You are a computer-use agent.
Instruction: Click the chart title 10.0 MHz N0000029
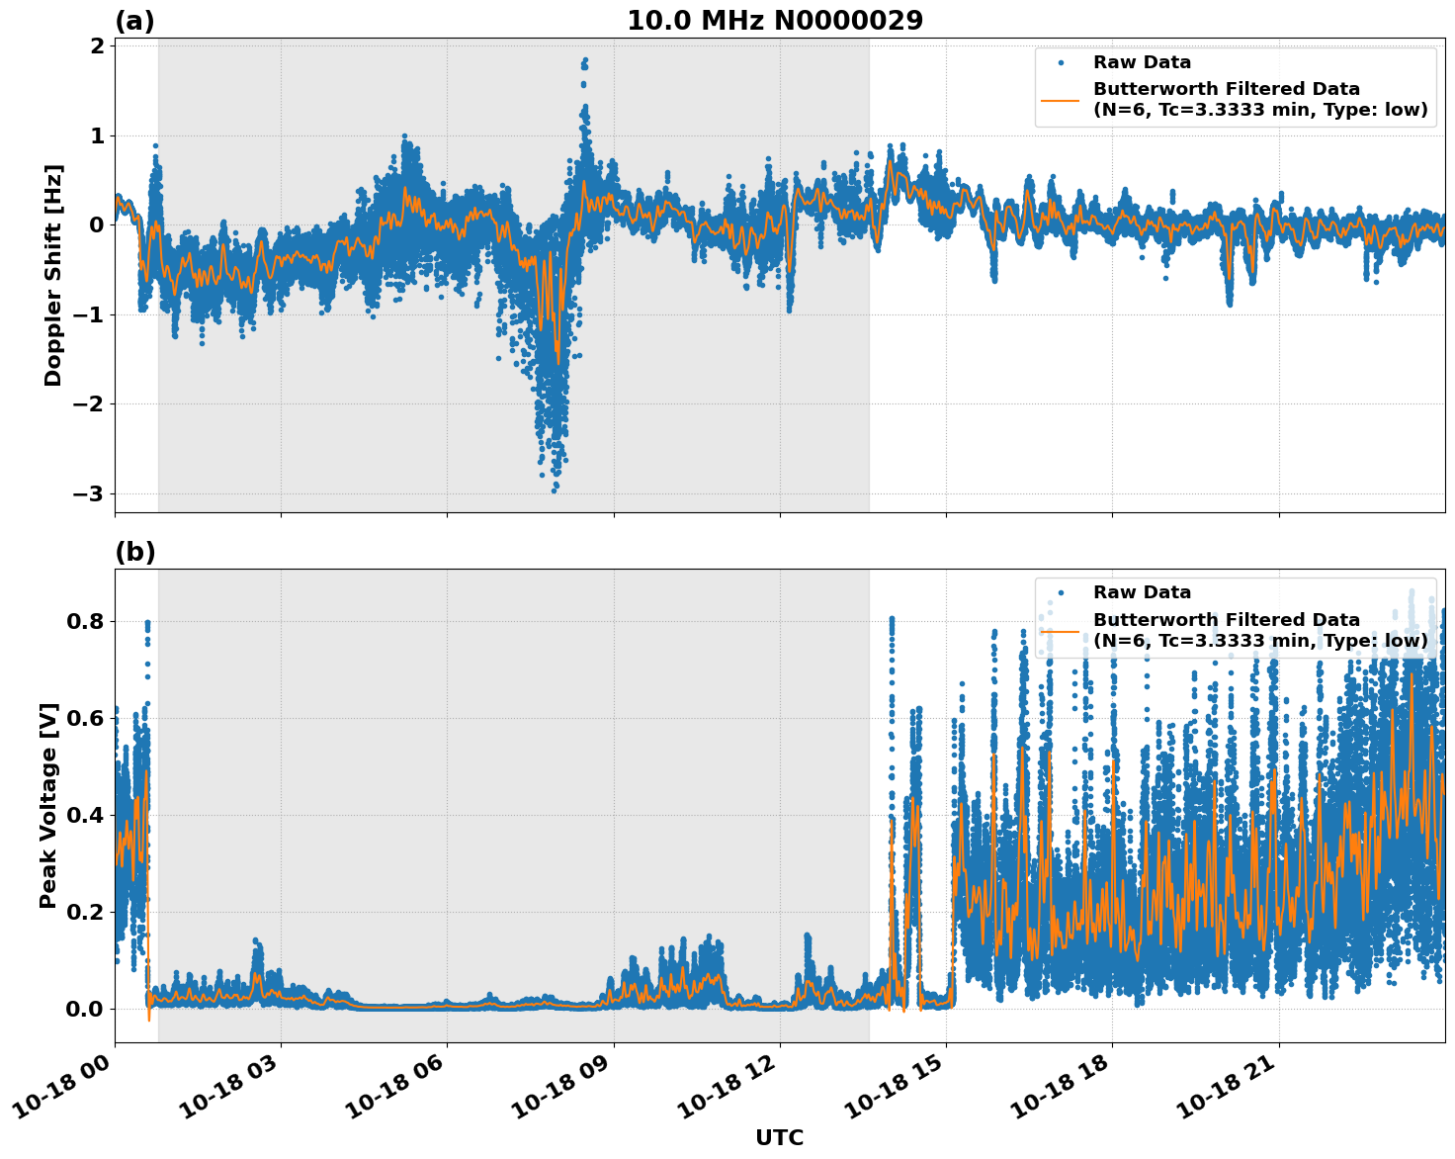[x=775, y=21]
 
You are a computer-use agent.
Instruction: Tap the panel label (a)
[x=134, y=21]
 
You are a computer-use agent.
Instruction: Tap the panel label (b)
[x=134, y=552]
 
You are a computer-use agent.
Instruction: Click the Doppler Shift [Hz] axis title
[x=53, y=275]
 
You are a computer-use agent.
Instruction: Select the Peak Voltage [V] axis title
[x=48, y=805]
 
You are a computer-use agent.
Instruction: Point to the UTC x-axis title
[x=779, y=1137]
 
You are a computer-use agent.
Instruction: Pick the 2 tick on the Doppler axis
[x=98, y=46]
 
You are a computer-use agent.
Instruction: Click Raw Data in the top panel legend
[x=1142, y=62]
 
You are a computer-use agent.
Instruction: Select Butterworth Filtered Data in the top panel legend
[x=1226, y=89]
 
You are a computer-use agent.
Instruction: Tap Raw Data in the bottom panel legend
[x=1142, y=592]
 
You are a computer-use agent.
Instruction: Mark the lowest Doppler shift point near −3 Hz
[x=554, y=490]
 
